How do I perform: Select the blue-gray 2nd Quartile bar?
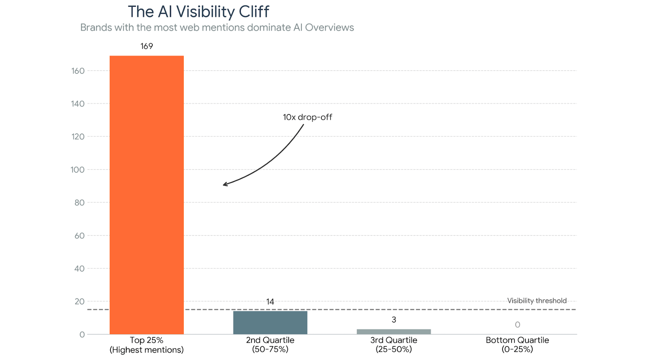tap(270, 323)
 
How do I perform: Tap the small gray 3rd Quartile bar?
tap(394, 332)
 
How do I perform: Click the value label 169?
tap(147, 46)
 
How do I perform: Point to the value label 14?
tap(270, 302)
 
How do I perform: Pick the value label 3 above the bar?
tap(394, 320)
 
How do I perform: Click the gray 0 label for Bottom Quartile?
tap(517, 325)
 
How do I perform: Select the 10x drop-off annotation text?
tap(307, 117)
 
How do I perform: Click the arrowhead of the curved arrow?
tap(224, 184)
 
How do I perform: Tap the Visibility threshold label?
tap(537, 301)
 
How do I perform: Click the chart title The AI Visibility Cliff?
tap(198, 12)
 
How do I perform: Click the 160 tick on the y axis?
tap(78, 71)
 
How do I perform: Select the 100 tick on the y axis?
tap(78, 170)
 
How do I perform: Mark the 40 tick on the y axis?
tap(79, 269)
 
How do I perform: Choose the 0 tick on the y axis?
tap(82, 334)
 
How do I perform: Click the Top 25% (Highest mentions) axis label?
tap(147, 345)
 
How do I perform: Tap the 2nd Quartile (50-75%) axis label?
tap(270, 345)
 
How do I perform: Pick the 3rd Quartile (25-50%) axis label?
tap(394, 345)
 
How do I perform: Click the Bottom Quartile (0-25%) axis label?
tap(517, 345)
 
